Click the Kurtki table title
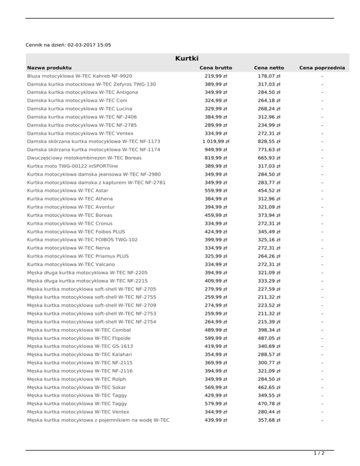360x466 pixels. point(187,59)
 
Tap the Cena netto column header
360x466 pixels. point(269,68)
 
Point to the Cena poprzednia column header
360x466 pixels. point(322,68)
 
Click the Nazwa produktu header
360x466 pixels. point(49,68)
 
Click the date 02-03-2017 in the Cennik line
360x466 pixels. point(82,45)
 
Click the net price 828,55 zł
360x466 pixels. point(269,141)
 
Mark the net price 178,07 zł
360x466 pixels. point(269,76)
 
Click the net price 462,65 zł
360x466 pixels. point(269,387)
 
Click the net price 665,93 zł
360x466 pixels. point(269,158)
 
